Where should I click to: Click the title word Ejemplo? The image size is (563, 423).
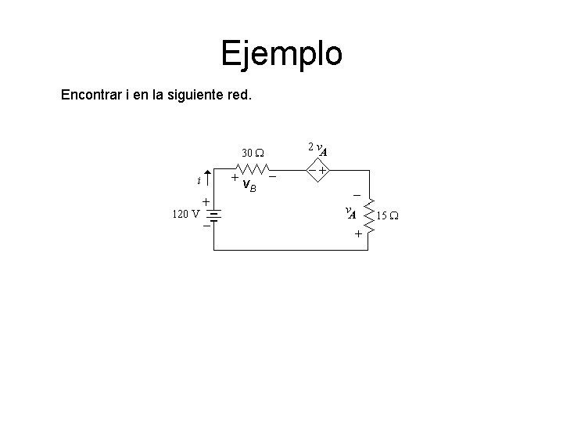tap(281, 54)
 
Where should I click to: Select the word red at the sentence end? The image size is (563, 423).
tap(240, 98)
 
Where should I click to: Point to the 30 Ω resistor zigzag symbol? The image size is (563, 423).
tap(253, 169)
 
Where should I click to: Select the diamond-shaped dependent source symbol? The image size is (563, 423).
tap(317, 169)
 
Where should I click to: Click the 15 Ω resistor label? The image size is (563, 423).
tap(388, 215)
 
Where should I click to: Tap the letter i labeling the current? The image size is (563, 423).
tap(199, 180)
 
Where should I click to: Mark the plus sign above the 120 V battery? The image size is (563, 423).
tap(206, 201)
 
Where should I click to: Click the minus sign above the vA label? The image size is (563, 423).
tap(357, 194)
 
